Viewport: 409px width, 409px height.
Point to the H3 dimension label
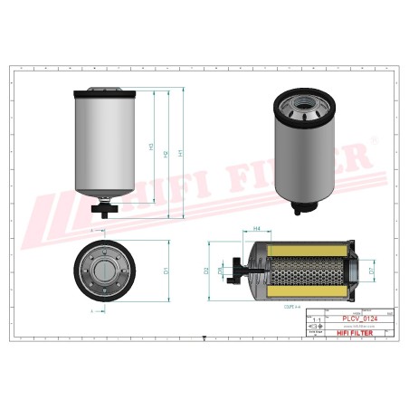click(x=151, y=146)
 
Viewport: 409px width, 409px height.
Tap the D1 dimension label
click(x=165, y=270)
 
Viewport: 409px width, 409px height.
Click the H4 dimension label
click(x=257, y=230)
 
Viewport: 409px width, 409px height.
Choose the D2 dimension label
click(x=207, y=270)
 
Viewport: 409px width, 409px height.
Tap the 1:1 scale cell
click(x=316, y=321)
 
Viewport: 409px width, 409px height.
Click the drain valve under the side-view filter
click(x=106, y=210)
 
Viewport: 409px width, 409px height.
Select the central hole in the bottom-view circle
click(x=106, y=270)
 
